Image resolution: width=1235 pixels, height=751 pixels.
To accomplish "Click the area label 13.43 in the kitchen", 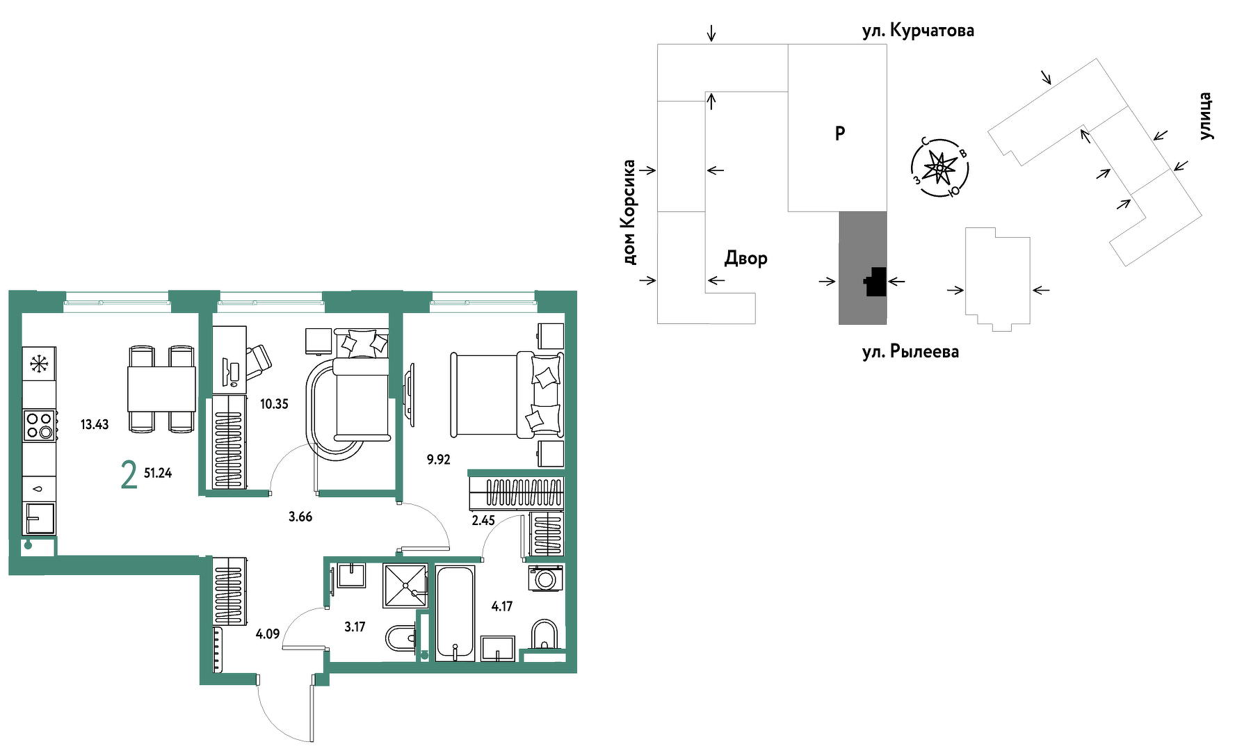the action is pos(95,424).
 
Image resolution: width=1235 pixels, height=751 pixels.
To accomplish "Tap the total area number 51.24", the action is pos(158,473).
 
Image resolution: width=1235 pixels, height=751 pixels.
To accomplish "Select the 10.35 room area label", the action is pos(274,404).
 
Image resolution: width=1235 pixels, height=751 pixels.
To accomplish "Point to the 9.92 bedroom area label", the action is pos(439,460).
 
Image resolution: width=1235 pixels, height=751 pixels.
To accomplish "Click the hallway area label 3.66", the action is pos(300,517).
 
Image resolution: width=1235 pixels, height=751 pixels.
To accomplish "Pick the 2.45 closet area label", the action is pos(483,520).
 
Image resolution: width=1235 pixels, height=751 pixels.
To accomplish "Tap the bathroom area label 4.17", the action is pos(502,606).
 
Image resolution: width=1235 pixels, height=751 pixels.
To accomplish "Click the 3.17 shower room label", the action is pos(355,627).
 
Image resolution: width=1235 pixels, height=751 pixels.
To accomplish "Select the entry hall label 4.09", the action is pos(268,634).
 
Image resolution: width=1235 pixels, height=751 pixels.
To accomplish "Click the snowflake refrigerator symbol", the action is pos(39,364).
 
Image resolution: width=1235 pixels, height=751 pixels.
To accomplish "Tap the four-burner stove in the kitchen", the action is pos(39,426).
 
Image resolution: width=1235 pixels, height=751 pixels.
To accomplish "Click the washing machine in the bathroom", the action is pos(546,578).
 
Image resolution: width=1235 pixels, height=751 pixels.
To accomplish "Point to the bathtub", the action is pos(455,613).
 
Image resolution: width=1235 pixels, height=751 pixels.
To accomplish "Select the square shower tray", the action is pos(405,585).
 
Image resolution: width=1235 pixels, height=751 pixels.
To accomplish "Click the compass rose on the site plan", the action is pos(940,168).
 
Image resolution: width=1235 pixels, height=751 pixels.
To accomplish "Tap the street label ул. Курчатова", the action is pos(918,31).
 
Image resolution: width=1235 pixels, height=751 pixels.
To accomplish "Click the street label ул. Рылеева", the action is pos(910,352).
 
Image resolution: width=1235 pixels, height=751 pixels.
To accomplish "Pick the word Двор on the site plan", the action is pos(746,259).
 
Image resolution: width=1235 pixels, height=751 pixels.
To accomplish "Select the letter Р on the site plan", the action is pos(840,133).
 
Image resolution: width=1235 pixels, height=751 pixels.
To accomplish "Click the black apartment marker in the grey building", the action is pos(875,282).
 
